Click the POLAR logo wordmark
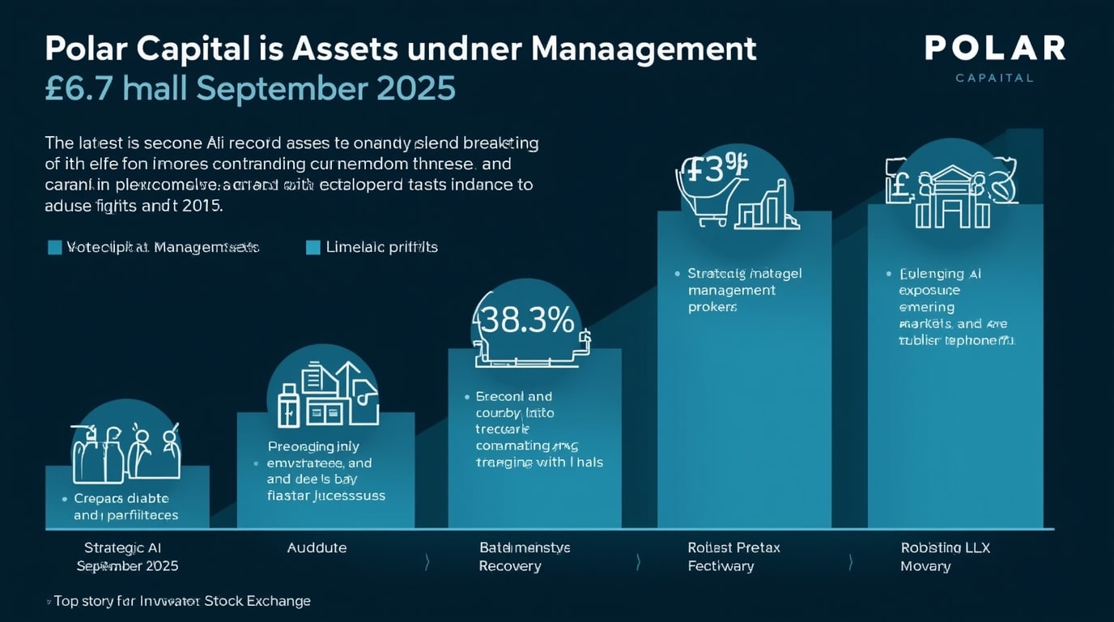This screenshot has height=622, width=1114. point(994,48)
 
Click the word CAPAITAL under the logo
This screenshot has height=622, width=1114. point(994,78)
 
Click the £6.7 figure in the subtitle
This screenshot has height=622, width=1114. point(78,88)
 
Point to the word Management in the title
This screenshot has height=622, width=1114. point(644,49)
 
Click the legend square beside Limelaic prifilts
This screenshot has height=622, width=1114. point(313,247)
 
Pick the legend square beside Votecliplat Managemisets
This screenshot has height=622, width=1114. point(55,247)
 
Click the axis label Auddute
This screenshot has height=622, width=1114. point(317,547)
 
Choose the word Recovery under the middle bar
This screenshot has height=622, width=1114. point(510,566)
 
